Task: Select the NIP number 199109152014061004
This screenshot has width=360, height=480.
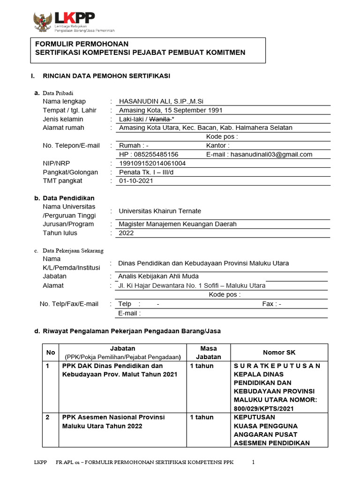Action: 152,163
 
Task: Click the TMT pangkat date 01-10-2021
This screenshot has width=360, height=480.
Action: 136,181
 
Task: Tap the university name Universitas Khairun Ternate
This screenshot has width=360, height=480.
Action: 160,211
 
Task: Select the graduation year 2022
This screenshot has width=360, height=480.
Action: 126,233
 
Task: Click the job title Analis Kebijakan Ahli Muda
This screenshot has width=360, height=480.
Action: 158,276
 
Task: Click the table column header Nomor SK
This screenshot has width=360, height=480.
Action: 279,352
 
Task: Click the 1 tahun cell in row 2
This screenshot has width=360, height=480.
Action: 202,417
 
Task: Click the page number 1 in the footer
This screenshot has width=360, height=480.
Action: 254,462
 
